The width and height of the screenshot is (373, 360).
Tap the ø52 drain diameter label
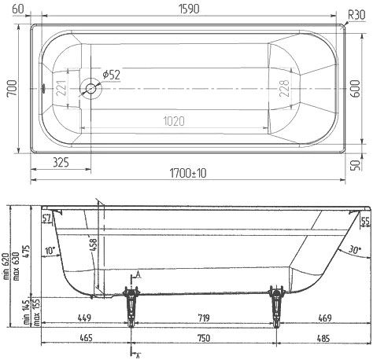(110, 75)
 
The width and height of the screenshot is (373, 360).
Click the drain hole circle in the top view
(91, 89)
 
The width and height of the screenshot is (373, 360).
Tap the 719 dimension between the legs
(202, 318)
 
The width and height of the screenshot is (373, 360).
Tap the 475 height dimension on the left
(28, 236)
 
